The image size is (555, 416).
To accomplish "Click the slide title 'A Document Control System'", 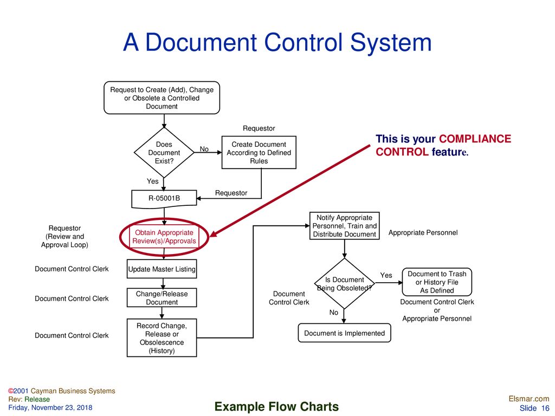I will [277, 43].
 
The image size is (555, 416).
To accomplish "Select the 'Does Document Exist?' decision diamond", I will [164, 153].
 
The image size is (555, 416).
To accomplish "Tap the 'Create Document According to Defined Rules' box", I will [259, 153].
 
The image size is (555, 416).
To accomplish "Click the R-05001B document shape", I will [164, 199].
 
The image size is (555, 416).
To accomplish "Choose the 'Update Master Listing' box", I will [162, 269].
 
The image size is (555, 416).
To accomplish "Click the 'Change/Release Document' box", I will [162, 298].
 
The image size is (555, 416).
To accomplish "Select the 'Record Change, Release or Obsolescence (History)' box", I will [162, 338].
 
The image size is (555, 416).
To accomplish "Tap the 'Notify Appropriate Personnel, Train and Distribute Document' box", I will [344, 226].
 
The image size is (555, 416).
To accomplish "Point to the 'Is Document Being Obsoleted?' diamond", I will [344, 284].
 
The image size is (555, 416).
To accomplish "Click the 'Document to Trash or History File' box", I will [436, 282].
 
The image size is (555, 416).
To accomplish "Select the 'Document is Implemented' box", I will [344, 333].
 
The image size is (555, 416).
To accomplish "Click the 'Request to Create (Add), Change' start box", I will [162, 98].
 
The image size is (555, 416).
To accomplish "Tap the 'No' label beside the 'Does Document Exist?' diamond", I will [204, 149].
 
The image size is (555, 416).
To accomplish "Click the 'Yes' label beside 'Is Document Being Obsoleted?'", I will [386, 276].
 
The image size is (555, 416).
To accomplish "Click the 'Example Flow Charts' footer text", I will [276, 407].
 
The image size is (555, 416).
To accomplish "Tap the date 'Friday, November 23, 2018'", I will [50, 407].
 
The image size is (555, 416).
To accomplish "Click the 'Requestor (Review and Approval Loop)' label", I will [64, 237].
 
